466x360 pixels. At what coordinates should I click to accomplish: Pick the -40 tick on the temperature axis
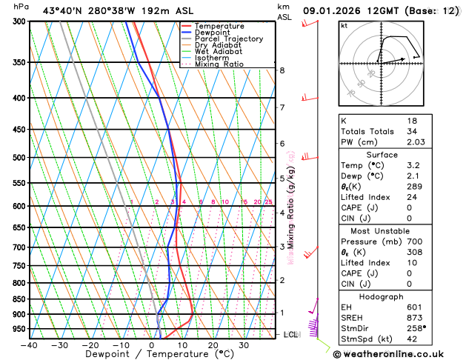[x=29, y=345]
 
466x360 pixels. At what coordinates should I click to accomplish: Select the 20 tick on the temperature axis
[x=213, y=345]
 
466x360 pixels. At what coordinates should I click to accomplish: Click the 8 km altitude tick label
[x=282, y=70]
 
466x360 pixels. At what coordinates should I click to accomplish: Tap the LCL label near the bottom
[x=291, y=335]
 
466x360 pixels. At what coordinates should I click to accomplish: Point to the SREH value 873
[x=414, y=318]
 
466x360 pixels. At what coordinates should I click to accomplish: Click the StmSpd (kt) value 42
[x=412, y=340]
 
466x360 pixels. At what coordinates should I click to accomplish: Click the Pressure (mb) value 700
[x=414, y=241]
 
